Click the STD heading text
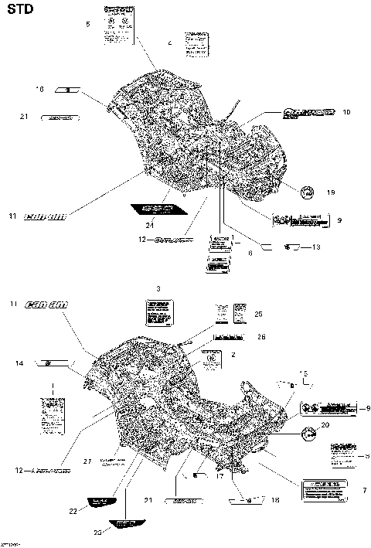20,10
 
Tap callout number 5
88,25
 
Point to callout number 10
345,112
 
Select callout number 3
158,288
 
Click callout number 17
220,476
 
